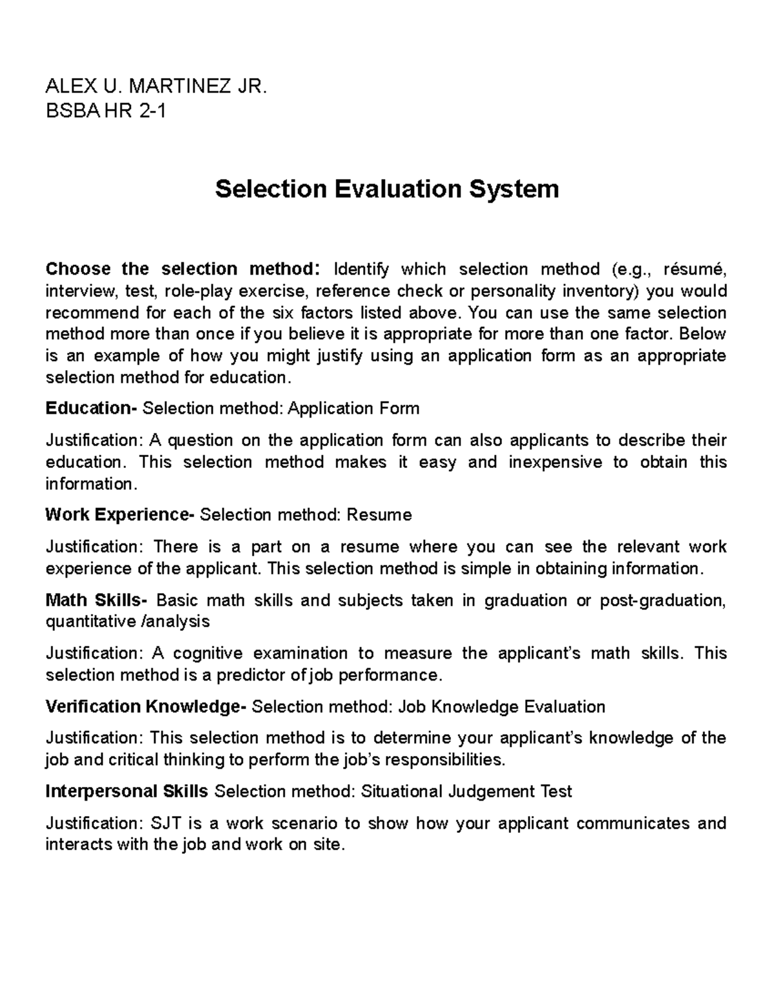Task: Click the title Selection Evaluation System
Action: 386,189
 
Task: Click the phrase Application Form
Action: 353,409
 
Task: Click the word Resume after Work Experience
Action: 379,515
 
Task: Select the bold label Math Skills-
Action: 96,600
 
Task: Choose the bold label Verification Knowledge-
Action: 146,707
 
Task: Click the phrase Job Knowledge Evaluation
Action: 502,707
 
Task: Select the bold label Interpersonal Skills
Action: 126,792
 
